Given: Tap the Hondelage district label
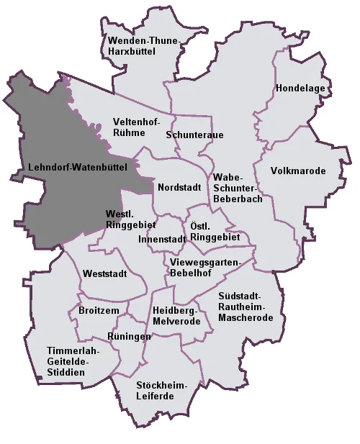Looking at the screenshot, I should tap(302, 89).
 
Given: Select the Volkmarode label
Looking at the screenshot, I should tap(298, 171).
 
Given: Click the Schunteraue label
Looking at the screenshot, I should tap(194, 135).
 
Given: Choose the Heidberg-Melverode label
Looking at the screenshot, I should tap(176, 315).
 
